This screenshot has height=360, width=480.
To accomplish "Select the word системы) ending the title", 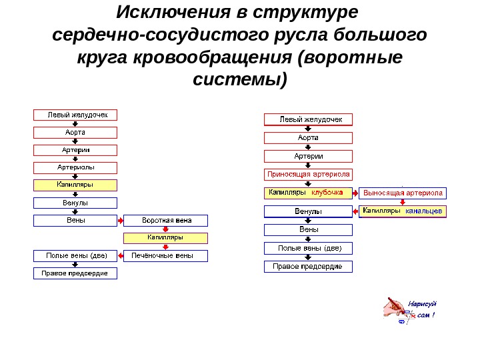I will (x=240, y=80).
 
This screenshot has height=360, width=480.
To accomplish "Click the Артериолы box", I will (x=75, y=167).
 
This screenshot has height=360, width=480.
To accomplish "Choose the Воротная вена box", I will (x=166, y=220).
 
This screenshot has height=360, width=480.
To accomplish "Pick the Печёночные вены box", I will (x=166, y=255).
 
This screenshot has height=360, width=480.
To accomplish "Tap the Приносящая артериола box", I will (x=308, y=175).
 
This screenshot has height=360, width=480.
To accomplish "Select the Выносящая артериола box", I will (x=403, y=193).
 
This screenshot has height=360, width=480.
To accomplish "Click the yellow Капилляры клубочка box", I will (x=308, y=193).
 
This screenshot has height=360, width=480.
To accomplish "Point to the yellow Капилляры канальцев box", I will (x=403, y=211).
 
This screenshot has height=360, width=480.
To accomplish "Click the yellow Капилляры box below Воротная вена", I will (x=166, y=237).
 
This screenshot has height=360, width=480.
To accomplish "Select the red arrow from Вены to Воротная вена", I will (x=120, y=220).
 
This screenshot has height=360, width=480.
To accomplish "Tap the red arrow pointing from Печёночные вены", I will (x=120, y=255).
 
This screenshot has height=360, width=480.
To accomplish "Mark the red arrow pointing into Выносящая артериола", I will (x=356, y=193).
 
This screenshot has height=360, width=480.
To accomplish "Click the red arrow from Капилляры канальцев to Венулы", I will (x=356, y=211).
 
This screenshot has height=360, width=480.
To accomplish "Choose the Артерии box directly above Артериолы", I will (x=75, y=150).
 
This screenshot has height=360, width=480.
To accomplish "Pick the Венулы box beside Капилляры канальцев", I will (x=308, y=211).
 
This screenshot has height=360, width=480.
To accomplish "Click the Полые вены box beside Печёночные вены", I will (x=75, y=255).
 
